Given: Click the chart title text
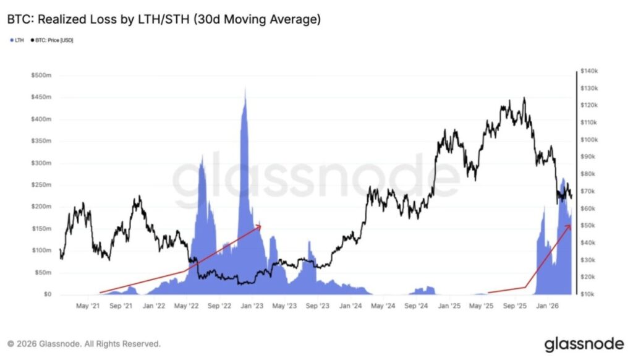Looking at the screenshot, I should tap(164, 20).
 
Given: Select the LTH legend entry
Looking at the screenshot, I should tap(17, 40).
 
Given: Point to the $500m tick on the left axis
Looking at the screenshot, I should tap(41, 75).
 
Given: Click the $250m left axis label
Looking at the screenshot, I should tap(41, 185).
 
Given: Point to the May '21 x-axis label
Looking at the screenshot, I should tap(87, 306).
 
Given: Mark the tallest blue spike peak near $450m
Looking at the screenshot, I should tap(245, 88).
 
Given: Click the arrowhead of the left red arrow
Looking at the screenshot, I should tap(260, 226).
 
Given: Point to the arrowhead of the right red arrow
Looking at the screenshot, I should tap(569, 226).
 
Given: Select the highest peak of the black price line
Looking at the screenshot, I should tap(524, 98).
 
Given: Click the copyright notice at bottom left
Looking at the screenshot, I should tap(84, 343).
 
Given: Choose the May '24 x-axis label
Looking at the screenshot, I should tap(384, 306).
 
